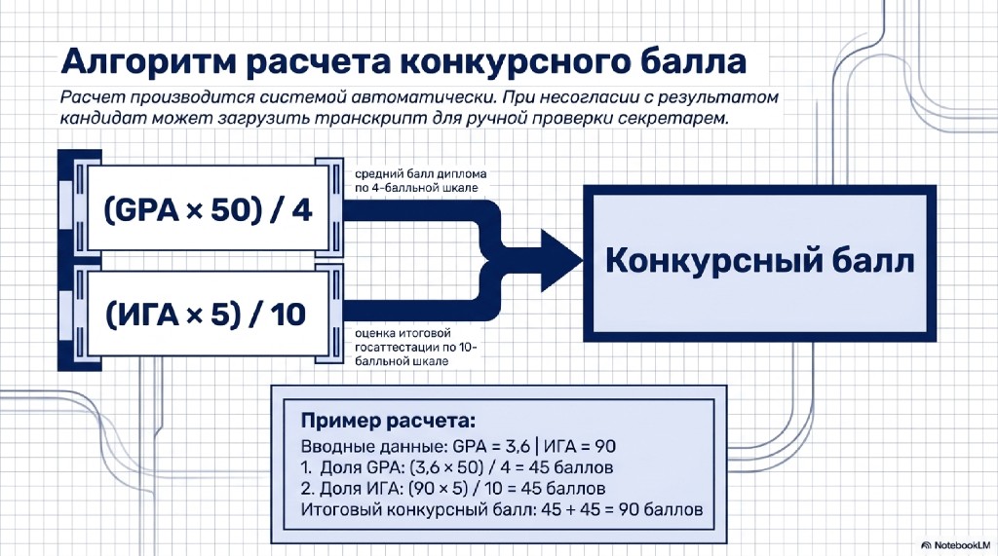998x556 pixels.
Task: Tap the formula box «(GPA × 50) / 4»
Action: (208, 209)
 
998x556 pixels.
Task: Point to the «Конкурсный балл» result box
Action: (759, 263)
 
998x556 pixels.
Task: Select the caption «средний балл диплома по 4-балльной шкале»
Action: (421, 181)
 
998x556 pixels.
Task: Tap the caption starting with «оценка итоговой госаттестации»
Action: (415, 347)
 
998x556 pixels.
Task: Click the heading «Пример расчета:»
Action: (388, 421)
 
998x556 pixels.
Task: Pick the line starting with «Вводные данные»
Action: (458, 446)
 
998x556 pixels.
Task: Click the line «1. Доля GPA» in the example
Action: (456, 467)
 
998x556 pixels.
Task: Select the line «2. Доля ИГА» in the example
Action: (452, 489)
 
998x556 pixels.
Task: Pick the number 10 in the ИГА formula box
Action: (288, 315)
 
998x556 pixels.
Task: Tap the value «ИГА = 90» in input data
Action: (579, 446)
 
